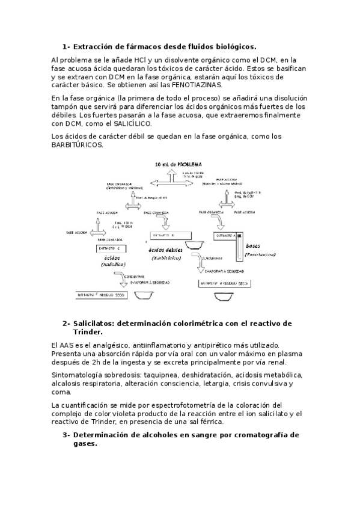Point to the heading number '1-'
click(66, 46)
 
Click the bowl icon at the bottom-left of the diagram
click(142, 295)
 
